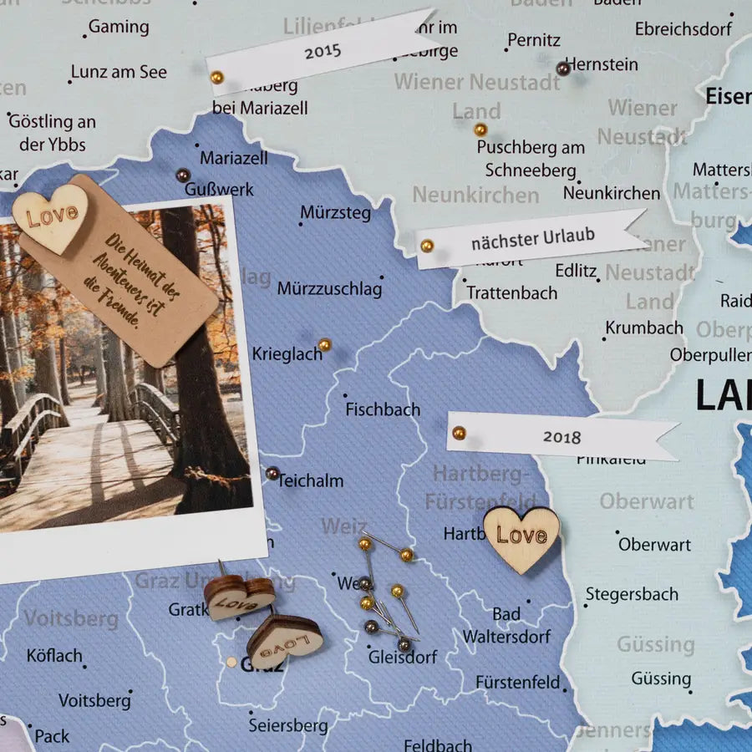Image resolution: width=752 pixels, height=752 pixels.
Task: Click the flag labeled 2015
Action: click(x=323, y=51)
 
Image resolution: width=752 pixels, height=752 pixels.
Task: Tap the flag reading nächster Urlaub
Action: click(x=532, y=238)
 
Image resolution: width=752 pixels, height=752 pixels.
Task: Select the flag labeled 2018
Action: click(x=561, y=436)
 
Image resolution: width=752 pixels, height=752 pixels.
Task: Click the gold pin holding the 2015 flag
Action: click(x=216, y=77)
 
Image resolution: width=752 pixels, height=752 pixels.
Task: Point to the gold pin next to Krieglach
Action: click(x=325, y=344)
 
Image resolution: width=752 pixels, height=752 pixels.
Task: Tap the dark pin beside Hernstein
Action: click(x=562, y=68)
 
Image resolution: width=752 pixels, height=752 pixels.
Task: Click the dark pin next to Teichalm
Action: click(x=272, y=474)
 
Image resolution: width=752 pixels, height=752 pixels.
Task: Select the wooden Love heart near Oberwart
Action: click(x=521, y=537)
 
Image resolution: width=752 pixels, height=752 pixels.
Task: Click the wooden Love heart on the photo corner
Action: click(x=51, y=217)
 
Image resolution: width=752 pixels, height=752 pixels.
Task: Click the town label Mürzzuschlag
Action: click(x=329, y=289)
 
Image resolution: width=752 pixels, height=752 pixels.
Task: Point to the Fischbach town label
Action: click(x=383, y=409)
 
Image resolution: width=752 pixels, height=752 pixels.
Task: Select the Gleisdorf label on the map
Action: click(x=403, y=657)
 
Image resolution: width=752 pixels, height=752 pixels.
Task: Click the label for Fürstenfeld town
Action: click(x=518, y=682)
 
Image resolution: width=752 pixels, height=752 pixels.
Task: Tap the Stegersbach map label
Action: click(x=632, y=595)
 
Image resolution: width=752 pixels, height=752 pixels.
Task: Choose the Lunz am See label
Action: click(x=119, y=72)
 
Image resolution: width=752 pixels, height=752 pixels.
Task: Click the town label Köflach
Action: click(x=54, y=655)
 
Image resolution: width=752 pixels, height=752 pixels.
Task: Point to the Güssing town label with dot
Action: click(x=661, y=678)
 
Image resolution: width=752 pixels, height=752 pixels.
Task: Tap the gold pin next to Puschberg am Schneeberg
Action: click(x=480, y=130)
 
